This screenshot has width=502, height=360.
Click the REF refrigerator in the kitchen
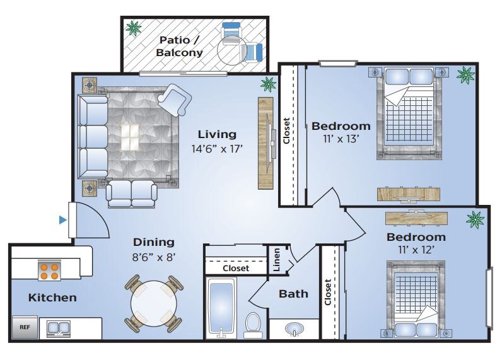[25, 327]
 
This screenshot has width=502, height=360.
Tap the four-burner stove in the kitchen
[49, 270]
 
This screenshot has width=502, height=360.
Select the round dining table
[154, 303]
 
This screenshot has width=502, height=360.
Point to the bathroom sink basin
[295, 329]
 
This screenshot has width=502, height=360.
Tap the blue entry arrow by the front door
[63, 220]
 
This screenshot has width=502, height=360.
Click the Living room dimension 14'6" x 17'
[217, 149]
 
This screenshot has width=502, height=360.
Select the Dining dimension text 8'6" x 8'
[154, 257]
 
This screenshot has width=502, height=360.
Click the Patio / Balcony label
[179, 46]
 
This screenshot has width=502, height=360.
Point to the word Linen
[277, 260]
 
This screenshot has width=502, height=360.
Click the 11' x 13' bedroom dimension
[341, 139]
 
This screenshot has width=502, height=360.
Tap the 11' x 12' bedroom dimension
[416, 249]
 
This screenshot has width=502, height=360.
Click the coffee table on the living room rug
[130, 137]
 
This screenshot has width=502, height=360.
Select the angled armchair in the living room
[175, 99]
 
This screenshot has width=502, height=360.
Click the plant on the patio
[133, 28]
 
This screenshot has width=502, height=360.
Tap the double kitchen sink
[59, 328]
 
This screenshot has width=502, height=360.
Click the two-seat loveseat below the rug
[132, 194]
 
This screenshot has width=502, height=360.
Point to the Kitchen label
[52, 298]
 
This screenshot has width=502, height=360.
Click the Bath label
[293, 294]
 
